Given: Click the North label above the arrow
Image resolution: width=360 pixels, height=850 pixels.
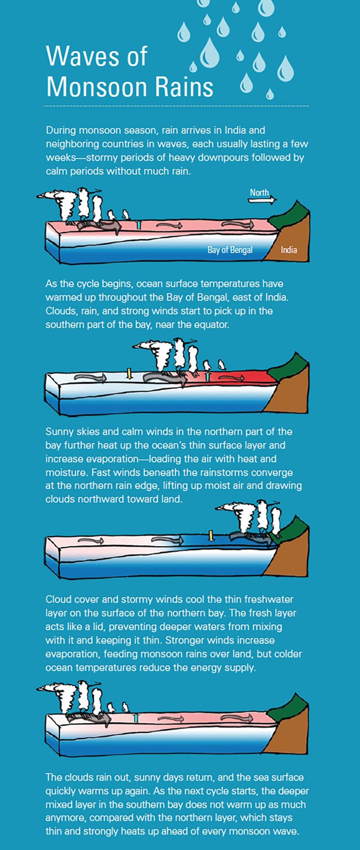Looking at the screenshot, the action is point(259,192).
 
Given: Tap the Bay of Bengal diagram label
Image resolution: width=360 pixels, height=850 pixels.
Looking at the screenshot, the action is point(230,250).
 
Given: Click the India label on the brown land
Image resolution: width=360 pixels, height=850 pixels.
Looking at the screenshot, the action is point(289,250).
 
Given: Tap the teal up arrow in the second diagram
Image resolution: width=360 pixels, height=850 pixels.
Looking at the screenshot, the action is point(207,376).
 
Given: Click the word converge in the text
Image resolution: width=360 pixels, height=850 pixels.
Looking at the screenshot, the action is point(272,472).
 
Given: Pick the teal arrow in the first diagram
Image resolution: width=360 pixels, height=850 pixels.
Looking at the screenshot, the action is point(138,224).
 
